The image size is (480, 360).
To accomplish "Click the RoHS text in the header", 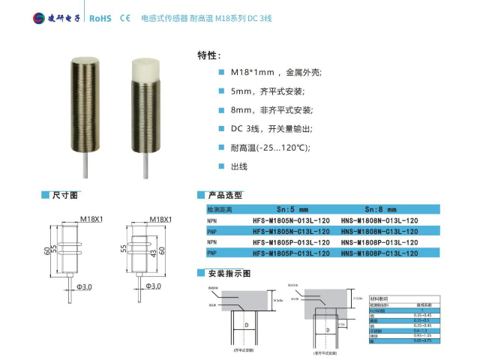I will pyautogui.click(x=100, y=17).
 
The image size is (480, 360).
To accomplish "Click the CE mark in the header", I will pyautogui.click(x=125, y=17).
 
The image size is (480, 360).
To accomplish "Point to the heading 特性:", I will pyautogui.click(x=208, y=55).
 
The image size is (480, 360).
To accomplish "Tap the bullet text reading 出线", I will pyautogui.click(x=238, y=166).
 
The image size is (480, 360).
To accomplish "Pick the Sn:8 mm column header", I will pyautogui.click(x=379, y=210).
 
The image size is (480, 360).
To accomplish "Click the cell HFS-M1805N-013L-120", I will pyautogui.click(x=292, y=221).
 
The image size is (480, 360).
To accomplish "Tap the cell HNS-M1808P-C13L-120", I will pyautogui.click(x=379, y=253).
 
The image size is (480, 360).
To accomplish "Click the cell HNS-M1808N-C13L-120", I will pyautogui.click(x=379, y=232).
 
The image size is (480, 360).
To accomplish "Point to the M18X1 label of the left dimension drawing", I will pyautogui.click(x=91, y=220).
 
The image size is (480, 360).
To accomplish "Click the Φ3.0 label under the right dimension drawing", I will pyautogui.click(x=152, y=286).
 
